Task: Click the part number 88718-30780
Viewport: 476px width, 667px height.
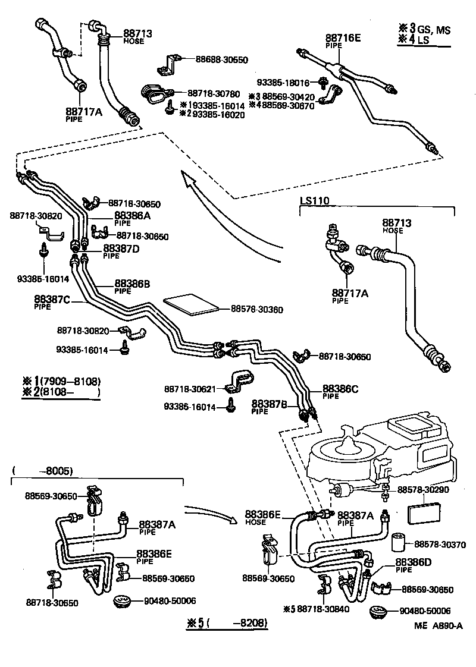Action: [214, 93]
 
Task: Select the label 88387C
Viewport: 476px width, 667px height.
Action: [52, 299]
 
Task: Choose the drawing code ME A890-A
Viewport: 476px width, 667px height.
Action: [439, 625]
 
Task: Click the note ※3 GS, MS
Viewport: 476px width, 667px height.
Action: [424, 29]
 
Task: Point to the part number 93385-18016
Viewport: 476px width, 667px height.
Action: [283, 83]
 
